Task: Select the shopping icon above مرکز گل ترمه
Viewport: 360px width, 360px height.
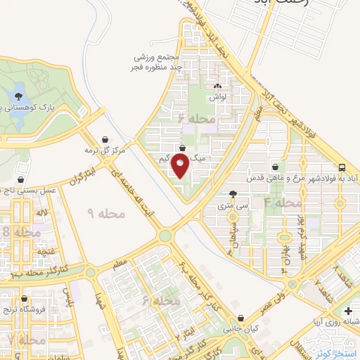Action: click(x=105, y=139)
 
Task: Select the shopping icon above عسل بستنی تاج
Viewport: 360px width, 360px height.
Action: click(x=22, y=180)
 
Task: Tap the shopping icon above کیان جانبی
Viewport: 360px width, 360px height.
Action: click(x=242, y=319)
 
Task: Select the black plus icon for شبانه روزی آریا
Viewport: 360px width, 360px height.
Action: click(x=349, y=311)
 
